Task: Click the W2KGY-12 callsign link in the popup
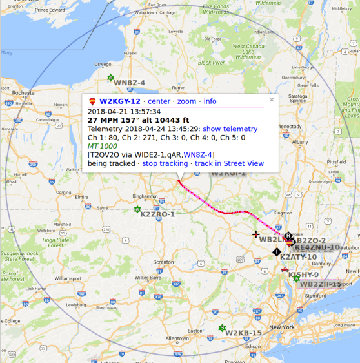(119, 101)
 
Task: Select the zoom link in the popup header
(186, 101)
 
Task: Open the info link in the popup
(210, 101)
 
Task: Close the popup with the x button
(272, 99)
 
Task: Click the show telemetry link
(230, 129)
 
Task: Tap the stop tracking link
(165, 163)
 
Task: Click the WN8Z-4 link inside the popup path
(197, 154)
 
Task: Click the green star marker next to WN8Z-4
(110, 78)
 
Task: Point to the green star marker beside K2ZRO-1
(137, 209)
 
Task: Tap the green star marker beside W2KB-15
(222, 327)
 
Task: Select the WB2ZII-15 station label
(321, 284)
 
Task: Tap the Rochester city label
(24, 93)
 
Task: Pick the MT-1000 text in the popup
(103, 146)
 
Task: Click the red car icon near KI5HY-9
(284, 269)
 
